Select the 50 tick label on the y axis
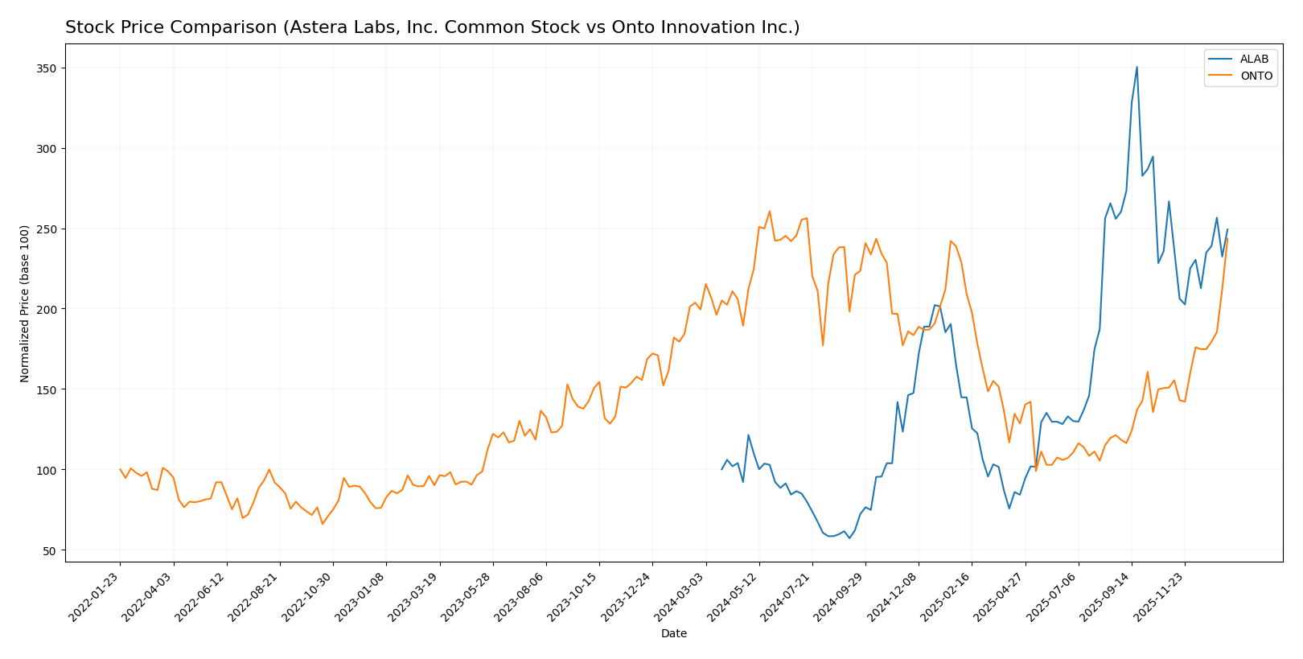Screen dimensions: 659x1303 point(50,550)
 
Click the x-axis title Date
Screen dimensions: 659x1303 point(673,634)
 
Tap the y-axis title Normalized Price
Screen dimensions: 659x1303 point(25,303)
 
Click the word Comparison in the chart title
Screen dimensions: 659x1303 point(201,28)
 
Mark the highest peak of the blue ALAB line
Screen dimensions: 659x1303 point(1137,67)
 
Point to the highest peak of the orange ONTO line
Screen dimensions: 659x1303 point(769,212)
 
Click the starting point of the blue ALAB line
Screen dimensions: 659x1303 point(722,469)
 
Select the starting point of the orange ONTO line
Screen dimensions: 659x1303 point(120,469)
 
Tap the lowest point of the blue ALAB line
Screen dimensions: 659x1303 point(849,537)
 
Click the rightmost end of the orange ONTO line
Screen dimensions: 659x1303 point(1227,238)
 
